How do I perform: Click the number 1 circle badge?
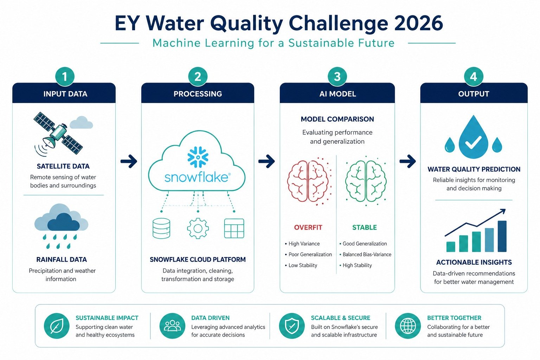click(x=65, y=77)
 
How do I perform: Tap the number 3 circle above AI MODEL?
click(x=337, y=77)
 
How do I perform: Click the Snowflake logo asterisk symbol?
click(x=198, y=157)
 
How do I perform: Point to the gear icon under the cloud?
click(x=198, y=229)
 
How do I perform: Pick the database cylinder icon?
click(x=161, y=229)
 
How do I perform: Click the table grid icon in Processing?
click(x=234, y=229)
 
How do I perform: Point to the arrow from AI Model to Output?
click(x=407, y=161)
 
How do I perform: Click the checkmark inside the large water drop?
click(x=473, y=142)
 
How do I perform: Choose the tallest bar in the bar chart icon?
click(x=502, y=236)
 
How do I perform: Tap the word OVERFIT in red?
click(x=308, y=227)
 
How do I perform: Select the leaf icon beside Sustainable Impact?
click(x=57, y=326)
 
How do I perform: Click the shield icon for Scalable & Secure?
click(x=292, y=326)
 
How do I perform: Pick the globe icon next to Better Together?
click(x=408, y=326)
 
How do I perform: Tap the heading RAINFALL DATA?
click(x=62, y=259)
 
